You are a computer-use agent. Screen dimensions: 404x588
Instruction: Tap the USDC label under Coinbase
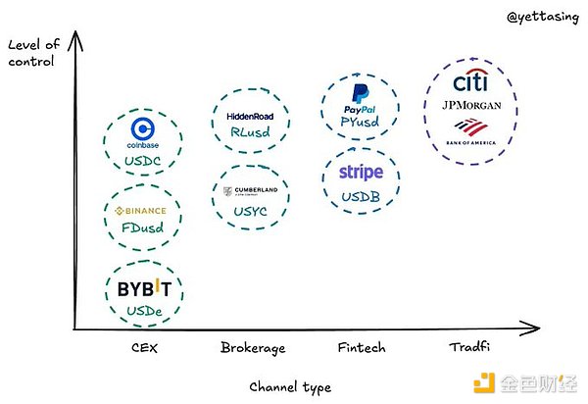144,161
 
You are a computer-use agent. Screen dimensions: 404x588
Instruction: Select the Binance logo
141,211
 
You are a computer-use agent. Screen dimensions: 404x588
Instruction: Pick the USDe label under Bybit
144,311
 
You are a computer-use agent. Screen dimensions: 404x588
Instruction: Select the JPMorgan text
474,105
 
